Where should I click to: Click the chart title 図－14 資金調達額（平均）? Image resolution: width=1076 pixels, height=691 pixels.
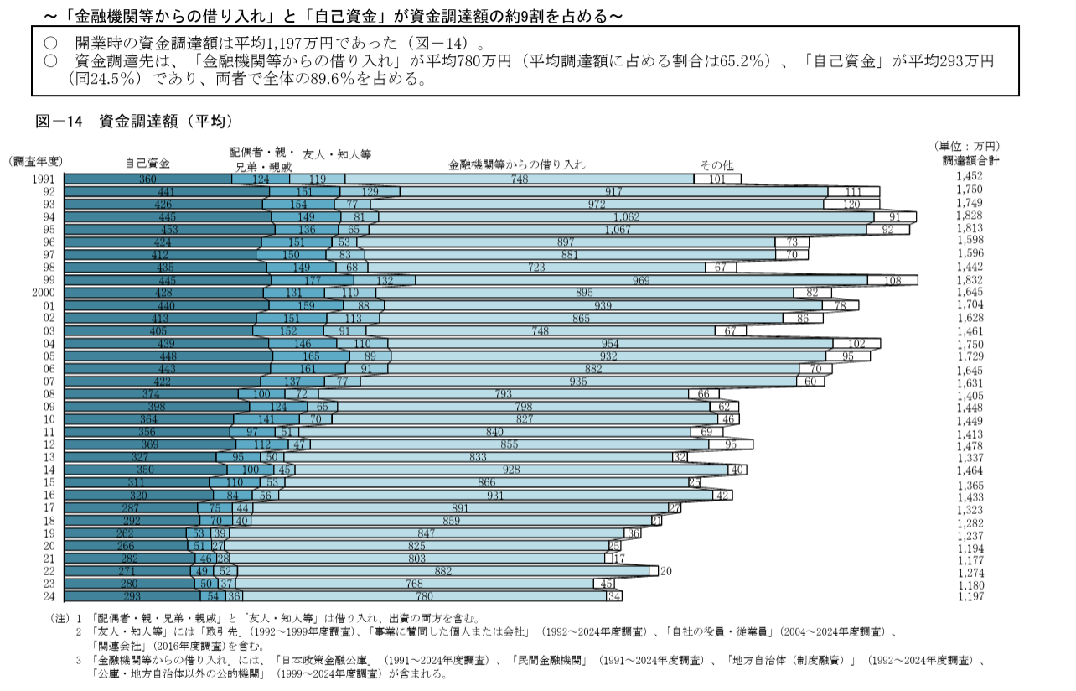click(134, 122)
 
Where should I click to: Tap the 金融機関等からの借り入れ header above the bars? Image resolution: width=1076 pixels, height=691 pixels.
click(517, 164)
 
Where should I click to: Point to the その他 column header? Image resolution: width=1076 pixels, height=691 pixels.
click(716, 164)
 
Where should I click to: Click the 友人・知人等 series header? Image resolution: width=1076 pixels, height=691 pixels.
click(336, 154)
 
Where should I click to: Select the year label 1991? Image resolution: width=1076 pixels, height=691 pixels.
click(42, 179)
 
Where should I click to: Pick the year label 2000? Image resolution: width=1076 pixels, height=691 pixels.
click(41, 293)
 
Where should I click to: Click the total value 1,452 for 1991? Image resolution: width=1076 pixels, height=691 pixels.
click(969, 176)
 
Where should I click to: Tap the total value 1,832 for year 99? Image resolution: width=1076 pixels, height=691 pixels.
click(969, 280)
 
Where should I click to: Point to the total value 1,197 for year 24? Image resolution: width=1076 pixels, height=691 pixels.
click(969, 596)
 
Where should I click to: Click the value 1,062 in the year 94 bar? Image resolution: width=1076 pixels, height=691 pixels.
click(626, 217)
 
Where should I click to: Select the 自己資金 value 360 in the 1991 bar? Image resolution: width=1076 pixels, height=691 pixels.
click(148, 179)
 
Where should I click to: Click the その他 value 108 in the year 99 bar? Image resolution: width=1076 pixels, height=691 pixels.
click(893, 280)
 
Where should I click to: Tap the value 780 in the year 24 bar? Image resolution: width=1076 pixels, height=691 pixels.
click(424, 596)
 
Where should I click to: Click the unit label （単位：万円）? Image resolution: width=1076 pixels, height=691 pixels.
click(968, 146)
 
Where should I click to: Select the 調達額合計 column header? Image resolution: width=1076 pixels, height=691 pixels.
click(970, 160)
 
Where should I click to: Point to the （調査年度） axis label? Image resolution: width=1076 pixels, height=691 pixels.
click(37, 161)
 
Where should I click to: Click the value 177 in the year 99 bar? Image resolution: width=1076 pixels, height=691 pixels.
click(313, 280)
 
